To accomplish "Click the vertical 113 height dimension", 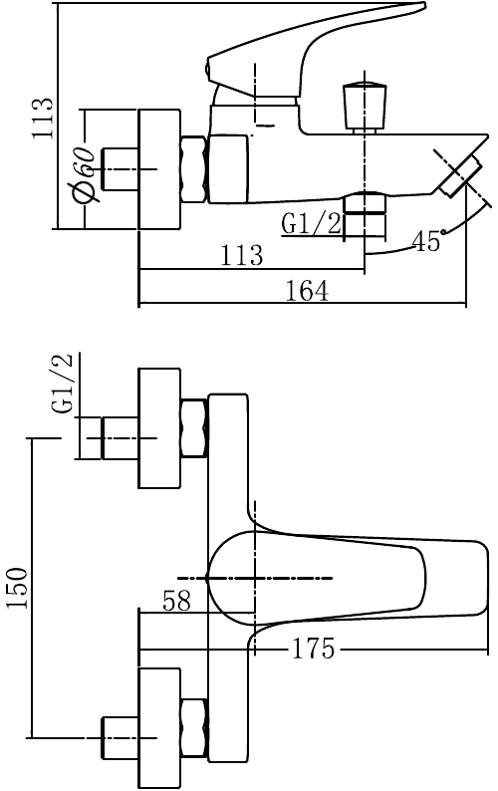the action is [x=43, y=118].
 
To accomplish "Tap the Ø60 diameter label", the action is [x=84, y=175].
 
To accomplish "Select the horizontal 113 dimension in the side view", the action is [x=241, y=255].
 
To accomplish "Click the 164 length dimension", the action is [x=307, y=291].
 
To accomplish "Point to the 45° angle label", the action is [x=428, y=241].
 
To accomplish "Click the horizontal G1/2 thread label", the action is [x=312, y=223].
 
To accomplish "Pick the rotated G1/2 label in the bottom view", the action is [x=63, y=385].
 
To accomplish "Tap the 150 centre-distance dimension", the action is [x=17, y=588].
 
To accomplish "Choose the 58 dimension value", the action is [x=177, y=601].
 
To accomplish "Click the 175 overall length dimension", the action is [x=313, y=649].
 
